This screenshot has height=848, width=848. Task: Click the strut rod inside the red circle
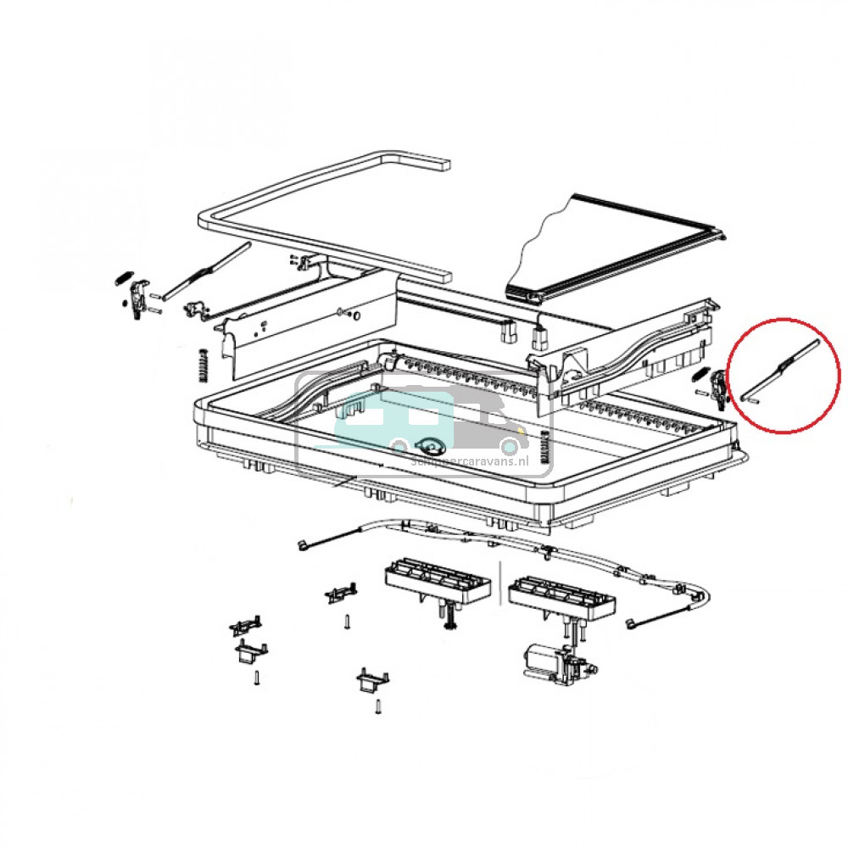[x=778, y=368]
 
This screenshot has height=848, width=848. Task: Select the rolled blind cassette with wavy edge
[x=611, y=246]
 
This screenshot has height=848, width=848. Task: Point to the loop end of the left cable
[x=300, y=544]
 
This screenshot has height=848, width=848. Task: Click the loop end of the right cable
[x=631, y=626]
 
